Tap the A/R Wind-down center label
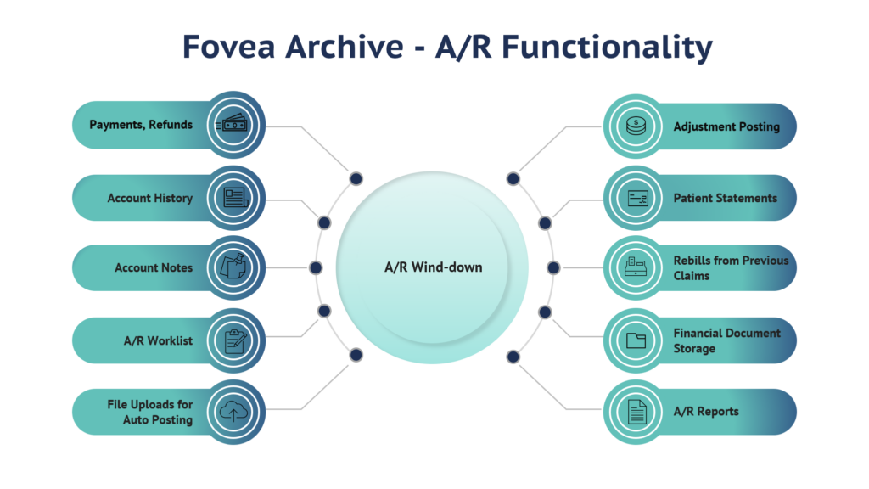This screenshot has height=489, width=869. tap(434, 267)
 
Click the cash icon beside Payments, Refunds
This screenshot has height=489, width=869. tap(233, 125)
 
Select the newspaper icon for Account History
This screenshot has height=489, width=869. tap(236, 198)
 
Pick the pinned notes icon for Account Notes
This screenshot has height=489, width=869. tap(233, 267)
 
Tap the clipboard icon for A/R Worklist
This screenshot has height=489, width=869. tap(234, 340)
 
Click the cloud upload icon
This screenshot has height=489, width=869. tap(233, 412)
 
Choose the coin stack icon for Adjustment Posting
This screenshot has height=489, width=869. tap(636, 126)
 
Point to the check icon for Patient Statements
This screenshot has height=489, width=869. tap(637, 198)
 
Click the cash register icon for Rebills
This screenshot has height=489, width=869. tap(636, 267)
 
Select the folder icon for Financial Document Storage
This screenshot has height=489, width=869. tap(636, 340)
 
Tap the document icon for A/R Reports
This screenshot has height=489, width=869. tap(636, 412)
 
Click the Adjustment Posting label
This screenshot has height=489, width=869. tap(726, 127)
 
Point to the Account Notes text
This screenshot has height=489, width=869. tap(154, 267)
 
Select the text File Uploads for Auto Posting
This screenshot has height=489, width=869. tap(149, 412)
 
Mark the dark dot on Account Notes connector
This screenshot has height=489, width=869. tap(316, 267)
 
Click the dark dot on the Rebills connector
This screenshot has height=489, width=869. tap(553, 267)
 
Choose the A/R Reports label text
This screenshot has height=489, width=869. tap(706, 412)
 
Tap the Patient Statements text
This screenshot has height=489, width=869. tap(725, 198)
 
